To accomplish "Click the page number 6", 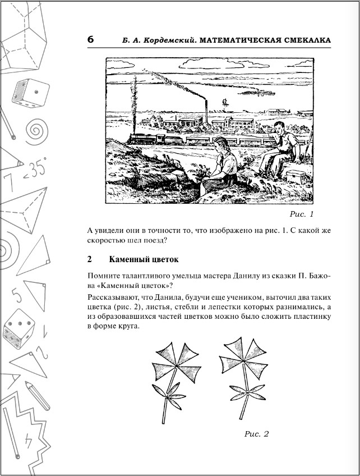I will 91,40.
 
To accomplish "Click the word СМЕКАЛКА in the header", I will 301,40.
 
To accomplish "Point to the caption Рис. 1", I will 302,214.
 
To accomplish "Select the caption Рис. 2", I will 257,434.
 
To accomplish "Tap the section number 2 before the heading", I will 90,260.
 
